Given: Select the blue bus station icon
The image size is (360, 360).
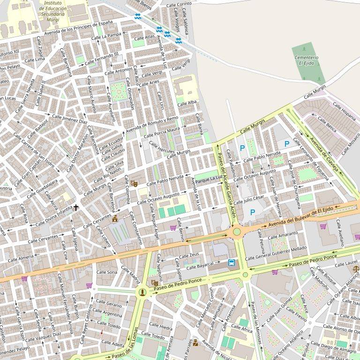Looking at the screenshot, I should (232, 262).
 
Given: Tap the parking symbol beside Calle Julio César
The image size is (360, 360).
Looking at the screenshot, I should (253, 212).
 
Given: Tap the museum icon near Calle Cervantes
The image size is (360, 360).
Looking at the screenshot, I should (115, 219).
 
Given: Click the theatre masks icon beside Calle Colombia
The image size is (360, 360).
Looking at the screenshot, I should (135, 184).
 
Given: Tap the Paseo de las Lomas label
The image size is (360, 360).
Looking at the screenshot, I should (135, 344).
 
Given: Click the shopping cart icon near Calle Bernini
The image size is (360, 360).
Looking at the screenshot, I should (173, 228).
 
